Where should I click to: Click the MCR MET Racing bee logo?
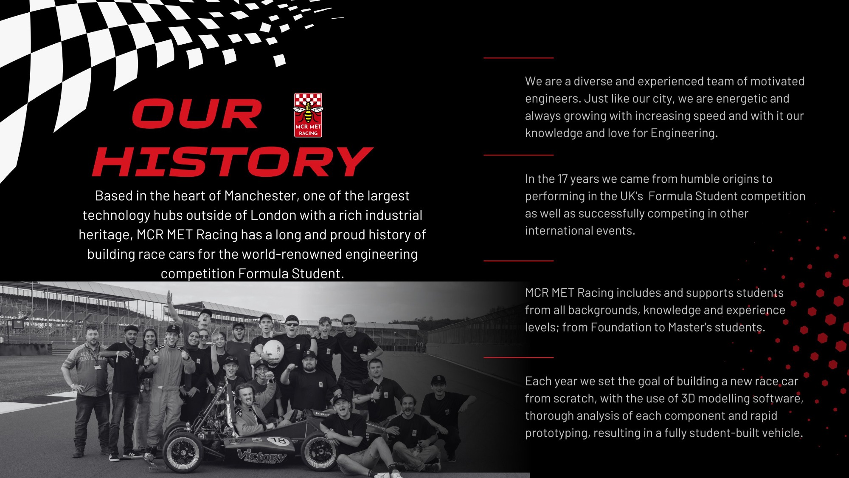click(308, 115)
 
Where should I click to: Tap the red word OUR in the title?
click(197, 113)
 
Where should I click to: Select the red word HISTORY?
click(233, 161)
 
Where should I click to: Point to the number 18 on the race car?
click(278, 441)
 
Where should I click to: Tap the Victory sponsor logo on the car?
click(261, 456)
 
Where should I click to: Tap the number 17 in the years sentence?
click(562, 179)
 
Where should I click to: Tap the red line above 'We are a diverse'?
click(518, 57)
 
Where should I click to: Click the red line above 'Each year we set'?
click(518, 357)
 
